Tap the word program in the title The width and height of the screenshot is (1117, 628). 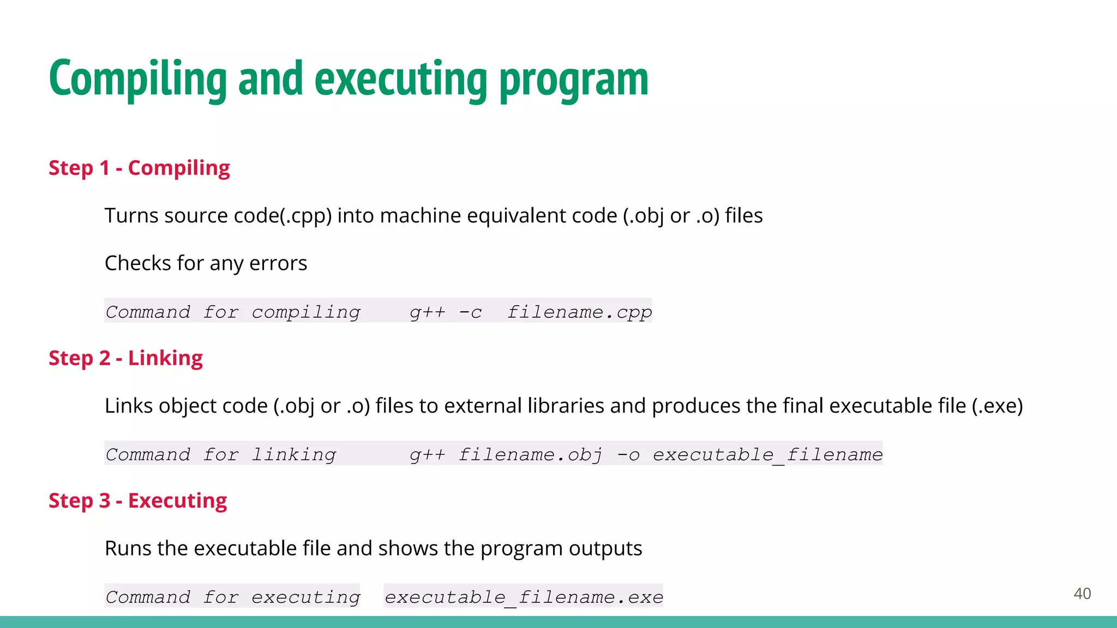click(x=574, y=81)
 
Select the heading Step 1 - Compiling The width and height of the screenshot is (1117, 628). click(x=139, y=168)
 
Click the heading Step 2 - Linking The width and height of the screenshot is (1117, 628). click(x=125, y=358)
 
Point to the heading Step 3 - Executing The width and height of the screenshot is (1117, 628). click(x=137, y=501)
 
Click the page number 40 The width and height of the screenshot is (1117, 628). click(x=1082, y=594)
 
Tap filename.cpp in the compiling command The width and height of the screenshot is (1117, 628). click(x=579, y=312)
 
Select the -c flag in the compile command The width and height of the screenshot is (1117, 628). click(x=470, y=312)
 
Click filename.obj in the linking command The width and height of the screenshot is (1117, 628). click(x=530, y=455)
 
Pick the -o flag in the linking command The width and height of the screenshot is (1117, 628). click(x=628, y=455)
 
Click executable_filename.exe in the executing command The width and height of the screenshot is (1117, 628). click(x=524, y=597)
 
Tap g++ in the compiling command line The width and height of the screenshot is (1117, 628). click(x=427, y=312)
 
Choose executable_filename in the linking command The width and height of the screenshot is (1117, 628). click(x=767, y=455)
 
